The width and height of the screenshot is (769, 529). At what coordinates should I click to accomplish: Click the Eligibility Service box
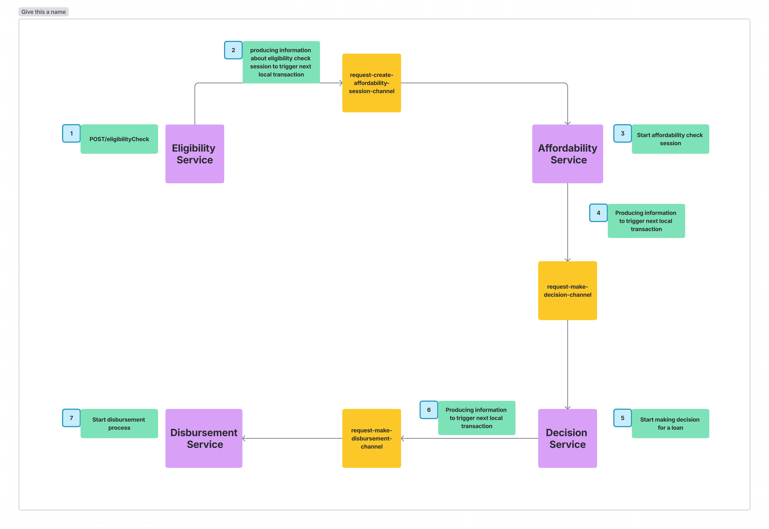[x=195, y=154]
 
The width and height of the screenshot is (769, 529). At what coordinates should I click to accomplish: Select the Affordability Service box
[x=567, y=154]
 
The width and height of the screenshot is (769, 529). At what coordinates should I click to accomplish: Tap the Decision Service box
[x=567, y=438]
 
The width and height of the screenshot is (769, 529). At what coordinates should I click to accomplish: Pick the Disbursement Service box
[x=204, y=438]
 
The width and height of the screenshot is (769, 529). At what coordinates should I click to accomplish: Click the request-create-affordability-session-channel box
[x=372, y=83]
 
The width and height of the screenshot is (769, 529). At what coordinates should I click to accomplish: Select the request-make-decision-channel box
[x=567, y=290]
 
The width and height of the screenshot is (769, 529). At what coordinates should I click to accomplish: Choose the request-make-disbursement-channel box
[x=372, y=438]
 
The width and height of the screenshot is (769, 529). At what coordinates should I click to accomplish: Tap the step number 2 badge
[x=233, y=50]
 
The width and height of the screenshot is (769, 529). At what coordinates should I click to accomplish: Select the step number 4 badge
[x=598, y=213]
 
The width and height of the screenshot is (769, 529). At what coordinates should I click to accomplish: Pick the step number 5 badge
[x=623, y=418]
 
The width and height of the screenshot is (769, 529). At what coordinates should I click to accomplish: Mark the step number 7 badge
[x=71, y=418]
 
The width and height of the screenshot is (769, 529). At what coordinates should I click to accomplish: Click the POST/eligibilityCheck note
[x=119, y=139]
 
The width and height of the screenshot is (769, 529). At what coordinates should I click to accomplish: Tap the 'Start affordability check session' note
[x=670, y=139]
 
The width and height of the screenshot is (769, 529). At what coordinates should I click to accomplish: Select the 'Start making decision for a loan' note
[x=670, y=424]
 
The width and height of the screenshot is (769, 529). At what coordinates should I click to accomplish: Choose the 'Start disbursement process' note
[x=119, y=424]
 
